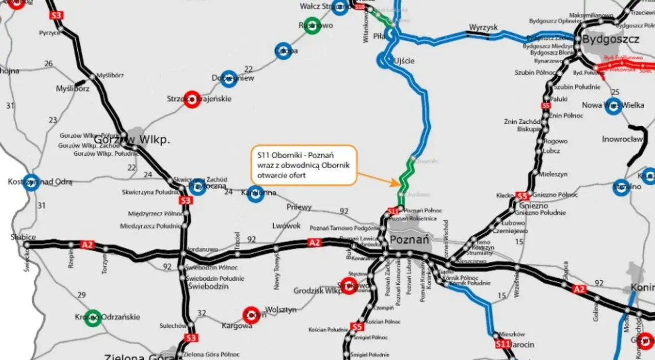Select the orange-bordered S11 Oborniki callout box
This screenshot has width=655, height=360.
click(x=303, y=165)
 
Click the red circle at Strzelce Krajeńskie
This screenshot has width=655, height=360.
click(x=191, y=99)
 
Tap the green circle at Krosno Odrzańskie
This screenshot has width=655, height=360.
click(x=93, y=317)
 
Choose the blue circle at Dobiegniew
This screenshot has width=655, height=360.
click(x=229, y=78)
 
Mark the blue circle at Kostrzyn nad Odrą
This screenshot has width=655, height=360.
click(x=31, y=182)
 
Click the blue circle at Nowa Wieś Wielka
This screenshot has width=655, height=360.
click(x=613, y=106)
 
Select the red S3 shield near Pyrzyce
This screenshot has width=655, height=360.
click(x=56, y=15)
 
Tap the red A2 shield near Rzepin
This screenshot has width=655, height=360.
click(x=88, y=245)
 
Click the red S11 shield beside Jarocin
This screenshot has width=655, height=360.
click(x=503, y=345)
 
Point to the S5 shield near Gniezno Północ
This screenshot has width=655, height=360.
click(x=522, y=196)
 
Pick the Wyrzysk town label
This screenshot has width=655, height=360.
click(x=483, y=27)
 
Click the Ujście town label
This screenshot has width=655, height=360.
click(x=404, y=61)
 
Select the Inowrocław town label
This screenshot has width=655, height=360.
click(x=621, y=139)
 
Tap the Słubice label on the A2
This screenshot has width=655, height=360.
click(x=23, y=237)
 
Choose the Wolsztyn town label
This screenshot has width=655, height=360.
click(x=280, y=310)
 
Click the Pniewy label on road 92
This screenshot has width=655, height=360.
click(x=299, y=207)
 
